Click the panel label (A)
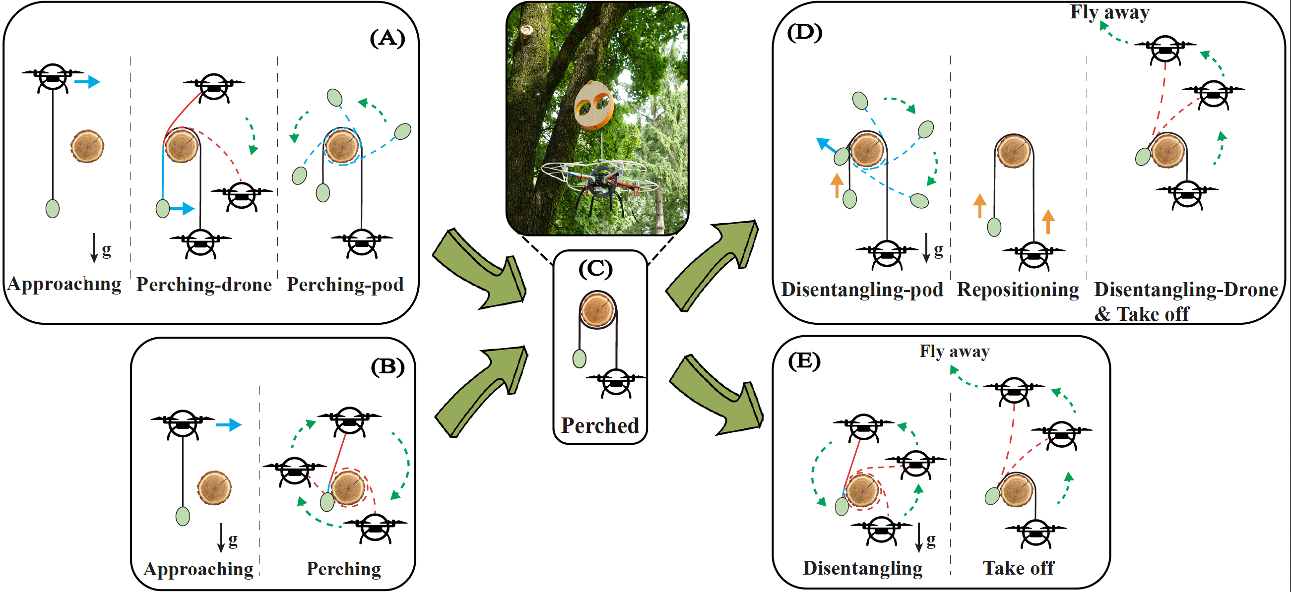387,38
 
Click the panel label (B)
387,366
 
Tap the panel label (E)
804,360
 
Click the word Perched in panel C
600,425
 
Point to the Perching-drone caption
204,285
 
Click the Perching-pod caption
345,285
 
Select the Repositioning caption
1017,290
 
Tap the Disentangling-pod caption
862,290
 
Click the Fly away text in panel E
954,351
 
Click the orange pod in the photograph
594,106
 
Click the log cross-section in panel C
597,310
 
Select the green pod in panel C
580,358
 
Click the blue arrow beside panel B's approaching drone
229,425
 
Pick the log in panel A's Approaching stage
87,146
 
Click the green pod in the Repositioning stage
994,227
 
